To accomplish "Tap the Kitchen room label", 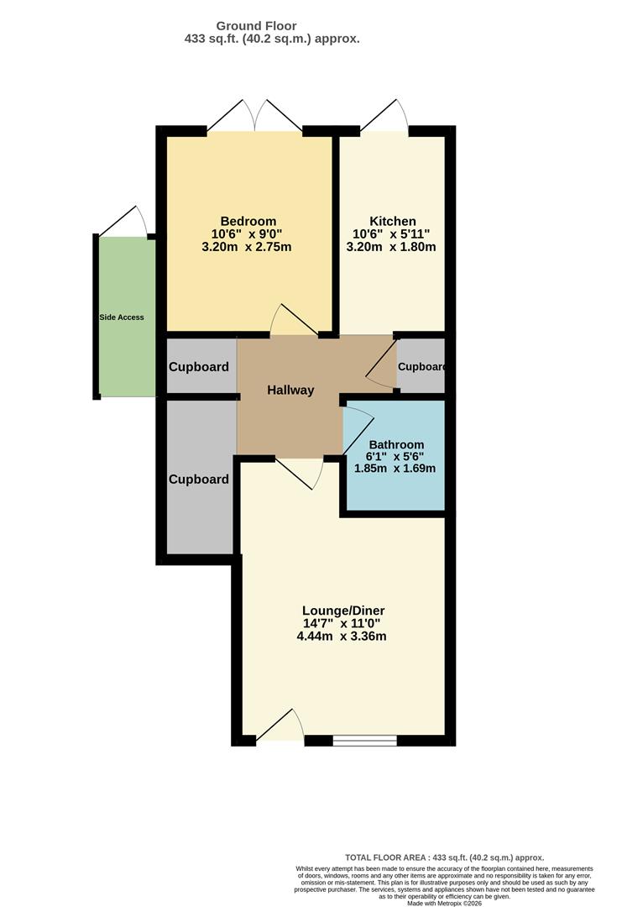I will [x=392, y=221].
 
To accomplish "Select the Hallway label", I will [x=290, y=390].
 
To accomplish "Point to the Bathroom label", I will [x=396, y=444].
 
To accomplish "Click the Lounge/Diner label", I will [x=343, y=610].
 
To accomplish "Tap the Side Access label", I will [x=122, y=317].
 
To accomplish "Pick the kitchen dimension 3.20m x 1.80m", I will [x=391, y=247].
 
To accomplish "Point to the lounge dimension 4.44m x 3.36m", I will [x=342, y=636].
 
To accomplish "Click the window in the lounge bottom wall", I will [x=364, y=740].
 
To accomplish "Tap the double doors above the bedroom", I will [x=255, y=117].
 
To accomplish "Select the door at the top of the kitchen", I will [x=385, y=117].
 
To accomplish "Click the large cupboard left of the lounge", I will [x=199, y=480].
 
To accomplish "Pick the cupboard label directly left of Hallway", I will [x=199, y=367].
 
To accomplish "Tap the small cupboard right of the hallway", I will [x=420, y=367].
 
